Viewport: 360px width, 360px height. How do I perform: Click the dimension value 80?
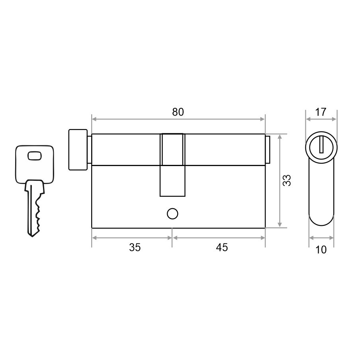pos(178,112)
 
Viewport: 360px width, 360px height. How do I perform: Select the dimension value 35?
pos(135,248)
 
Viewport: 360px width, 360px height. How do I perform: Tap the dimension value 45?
pos(222,248)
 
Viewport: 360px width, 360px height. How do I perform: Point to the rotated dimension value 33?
pos(287,180)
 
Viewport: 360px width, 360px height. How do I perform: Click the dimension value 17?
pos(321,112)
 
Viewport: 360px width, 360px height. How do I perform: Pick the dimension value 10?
pos(321,250)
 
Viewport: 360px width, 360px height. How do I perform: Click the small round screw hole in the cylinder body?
pos(172,213)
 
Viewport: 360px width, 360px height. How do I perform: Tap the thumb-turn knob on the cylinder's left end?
pos(78,150)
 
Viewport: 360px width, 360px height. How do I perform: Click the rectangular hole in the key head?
pos(35,156)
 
